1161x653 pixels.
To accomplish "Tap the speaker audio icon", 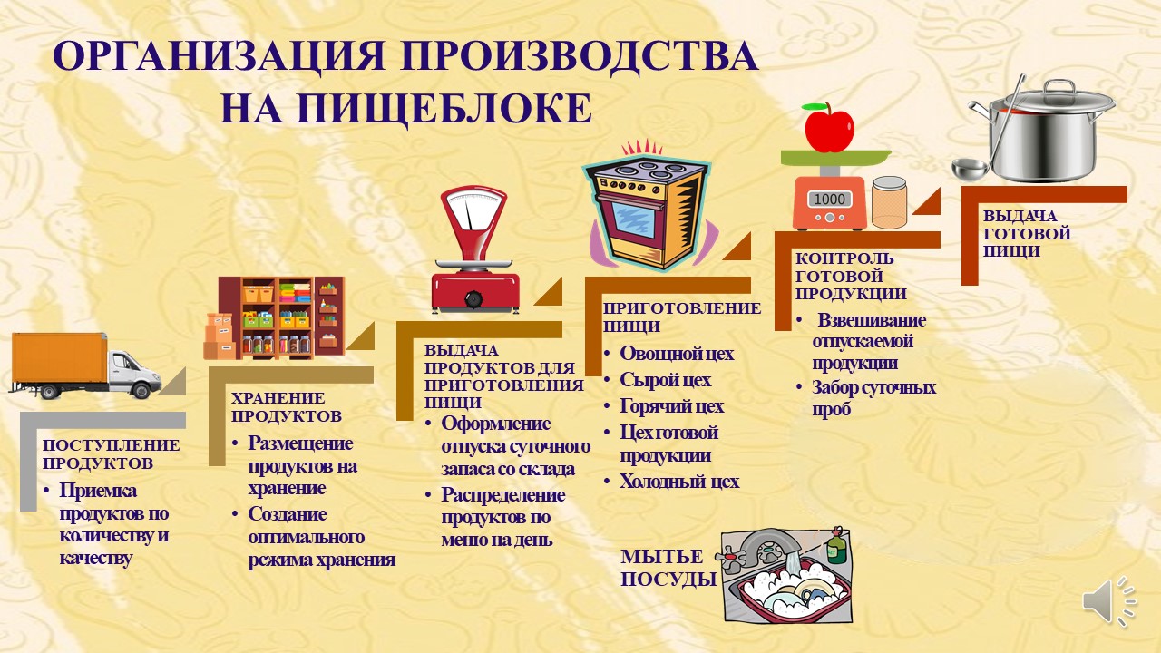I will (x=1107, y=600).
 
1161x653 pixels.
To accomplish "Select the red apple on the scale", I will (x=829, y=128).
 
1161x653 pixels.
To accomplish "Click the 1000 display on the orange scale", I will (x=828, y=199).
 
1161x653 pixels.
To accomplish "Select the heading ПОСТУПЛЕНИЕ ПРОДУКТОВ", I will (x=112, y=453).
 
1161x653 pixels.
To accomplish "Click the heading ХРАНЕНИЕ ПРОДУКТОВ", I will (x=286, y=407).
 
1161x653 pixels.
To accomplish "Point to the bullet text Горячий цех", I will (x=671, y=405).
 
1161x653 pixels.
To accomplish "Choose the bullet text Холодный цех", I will (x=678, y=482).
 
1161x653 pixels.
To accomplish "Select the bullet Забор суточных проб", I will (x=873, y=398).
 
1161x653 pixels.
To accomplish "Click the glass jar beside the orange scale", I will (x=889, y=202).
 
